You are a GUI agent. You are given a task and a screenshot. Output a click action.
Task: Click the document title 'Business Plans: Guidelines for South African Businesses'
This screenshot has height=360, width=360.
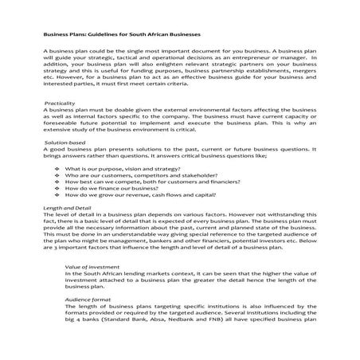(x=122, y=37)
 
